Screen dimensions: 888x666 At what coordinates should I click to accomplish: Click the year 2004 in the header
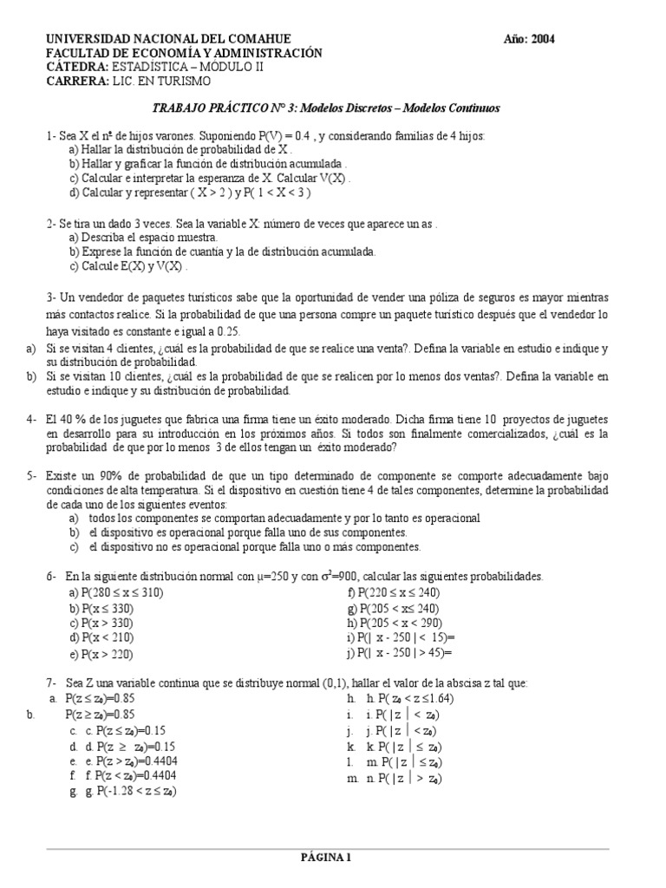542,39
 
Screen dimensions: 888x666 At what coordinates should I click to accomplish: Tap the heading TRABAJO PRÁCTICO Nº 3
223,108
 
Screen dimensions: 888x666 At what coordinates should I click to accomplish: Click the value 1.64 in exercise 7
440,698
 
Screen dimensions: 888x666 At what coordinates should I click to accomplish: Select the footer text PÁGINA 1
324,859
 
